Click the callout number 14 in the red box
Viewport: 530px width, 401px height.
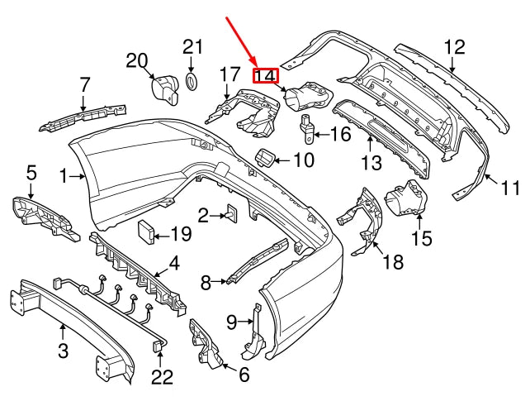[266, 76]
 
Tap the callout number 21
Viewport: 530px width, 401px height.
[192, 46]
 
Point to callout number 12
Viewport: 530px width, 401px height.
[455, 46]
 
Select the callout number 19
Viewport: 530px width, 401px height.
[180, 234]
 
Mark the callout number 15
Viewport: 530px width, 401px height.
[421, 240]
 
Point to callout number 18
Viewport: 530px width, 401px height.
[394, 263]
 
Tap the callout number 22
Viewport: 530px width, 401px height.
[163, 378]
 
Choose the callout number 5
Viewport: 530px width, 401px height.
[31, 173]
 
